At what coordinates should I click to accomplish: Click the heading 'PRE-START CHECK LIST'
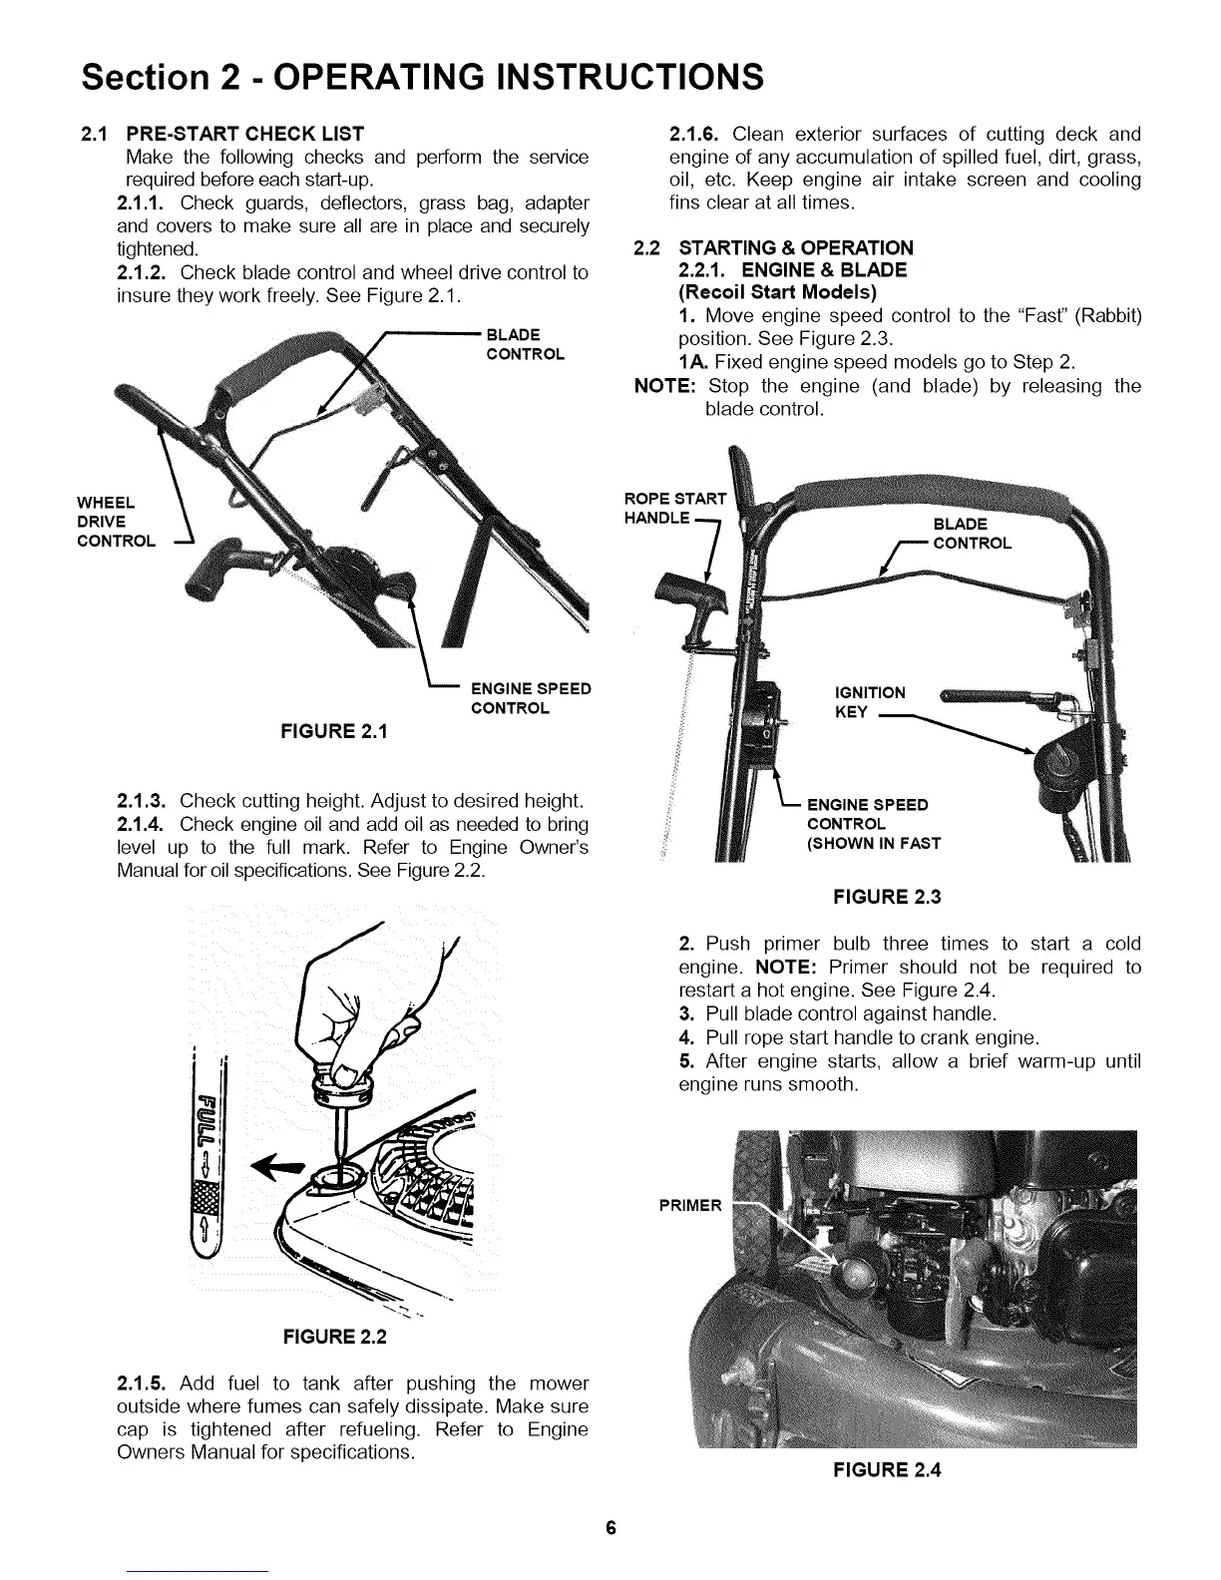click(x=244, y=134)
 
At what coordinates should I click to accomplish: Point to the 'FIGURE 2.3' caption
click(x=887, y=897)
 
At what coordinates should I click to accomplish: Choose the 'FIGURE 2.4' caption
click(x=887, y=1469)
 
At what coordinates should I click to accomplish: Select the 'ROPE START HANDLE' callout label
click(x=675, y=509)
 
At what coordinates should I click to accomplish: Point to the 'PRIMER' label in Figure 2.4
click(x=689, y=1206)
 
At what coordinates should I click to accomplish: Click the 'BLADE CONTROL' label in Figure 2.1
click(x=525, y=344)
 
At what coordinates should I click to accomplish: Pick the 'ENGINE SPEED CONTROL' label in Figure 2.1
click(x=531, y=698)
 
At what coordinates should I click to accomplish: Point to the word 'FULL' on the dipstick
click(x=207, y=1118)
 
